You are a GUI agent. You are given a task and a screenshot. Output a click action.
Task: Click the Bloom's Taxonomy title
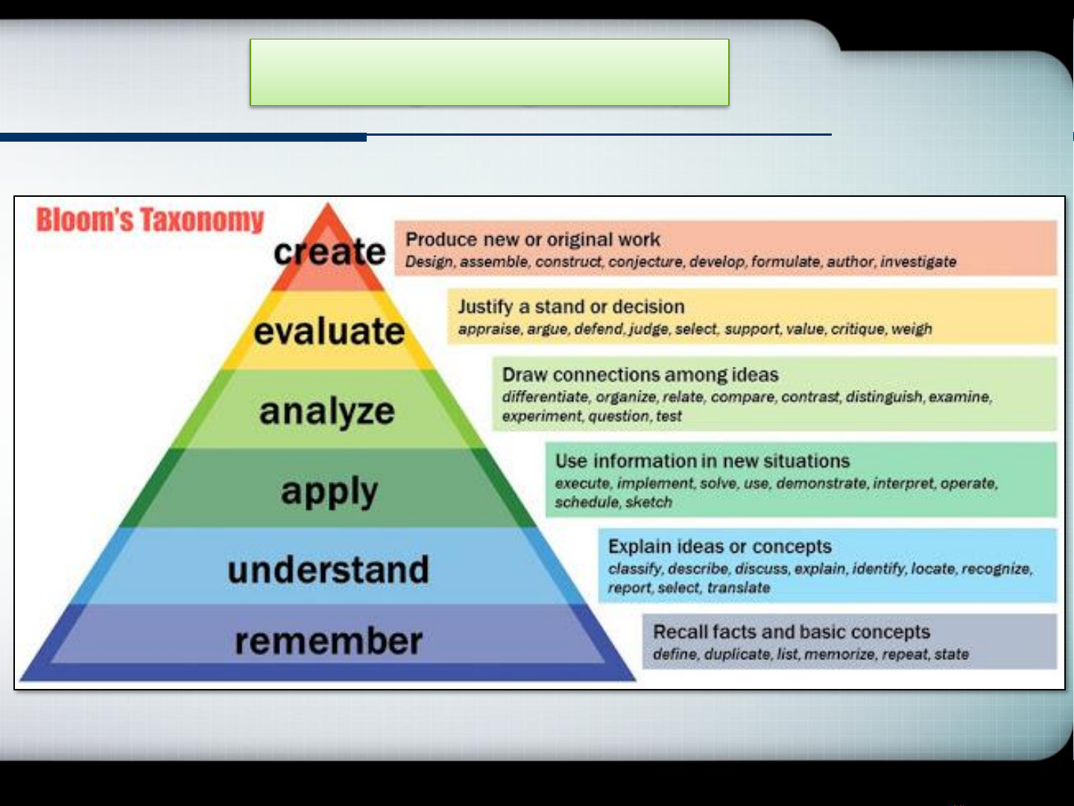tap(150, 220)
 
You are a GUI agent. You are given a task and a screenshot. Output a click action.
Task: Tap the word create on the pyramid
tap(329, 251)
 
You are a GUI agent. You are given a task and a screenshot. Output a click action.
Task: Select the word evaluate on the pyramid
tap(329, 331)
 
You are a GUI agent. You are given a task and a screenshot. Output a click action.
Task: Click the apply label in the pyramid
tap(329, 491)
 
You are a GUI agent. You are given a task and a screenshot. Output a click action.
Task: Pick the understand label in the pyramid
tap(328, 570)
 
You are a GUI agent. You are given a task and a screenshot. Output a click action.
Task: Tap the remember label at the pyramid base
tap(329, 640)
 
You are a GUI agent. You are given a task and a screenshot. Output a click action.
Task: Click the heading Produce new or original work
tap(533, 239)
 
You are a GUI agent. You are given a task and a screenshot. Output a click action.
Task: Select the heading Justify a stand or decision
tap(571, 307)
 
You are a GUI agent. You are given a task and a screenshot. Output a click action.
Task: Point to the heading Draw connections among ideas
tap(640, 375)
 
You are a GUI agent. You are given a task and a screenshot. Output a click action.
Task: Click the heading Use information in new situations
tap(702, 461)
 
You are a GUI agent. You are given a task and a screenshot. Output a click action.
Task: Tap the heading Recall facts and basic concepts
tap(792, 632)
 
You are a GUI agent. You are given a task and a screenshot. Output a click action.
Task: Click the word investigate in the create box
tap(918, 262)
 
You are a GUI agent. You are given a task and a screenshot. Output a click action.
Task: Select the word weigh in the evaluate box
tap(912, 329)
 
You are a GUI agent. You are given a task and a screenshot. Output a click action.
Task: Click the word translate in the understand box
tap(739, 588)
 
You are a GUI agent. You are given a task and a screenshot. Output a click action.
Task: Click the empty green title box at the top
tap(489, 72)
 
